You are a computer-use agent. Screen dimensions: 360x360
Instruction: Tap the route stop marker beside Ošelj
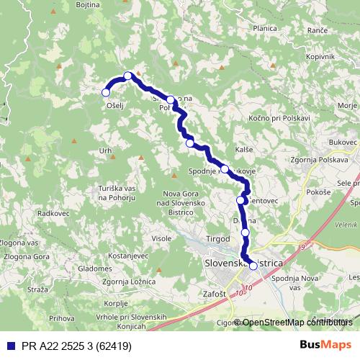[x=106, y=92]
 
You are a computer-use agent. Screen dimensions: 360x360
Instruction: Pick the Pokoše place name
[x=318, y=192]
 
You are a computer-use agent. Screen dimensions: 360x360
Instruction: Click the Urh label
[x=106, y=150]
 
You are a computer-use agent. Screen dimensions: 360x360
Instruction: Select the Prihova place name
[x=63, y=318]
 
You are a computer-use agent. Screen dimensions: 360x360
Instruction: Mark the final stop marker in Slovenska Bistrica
[x=253, y=266]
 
